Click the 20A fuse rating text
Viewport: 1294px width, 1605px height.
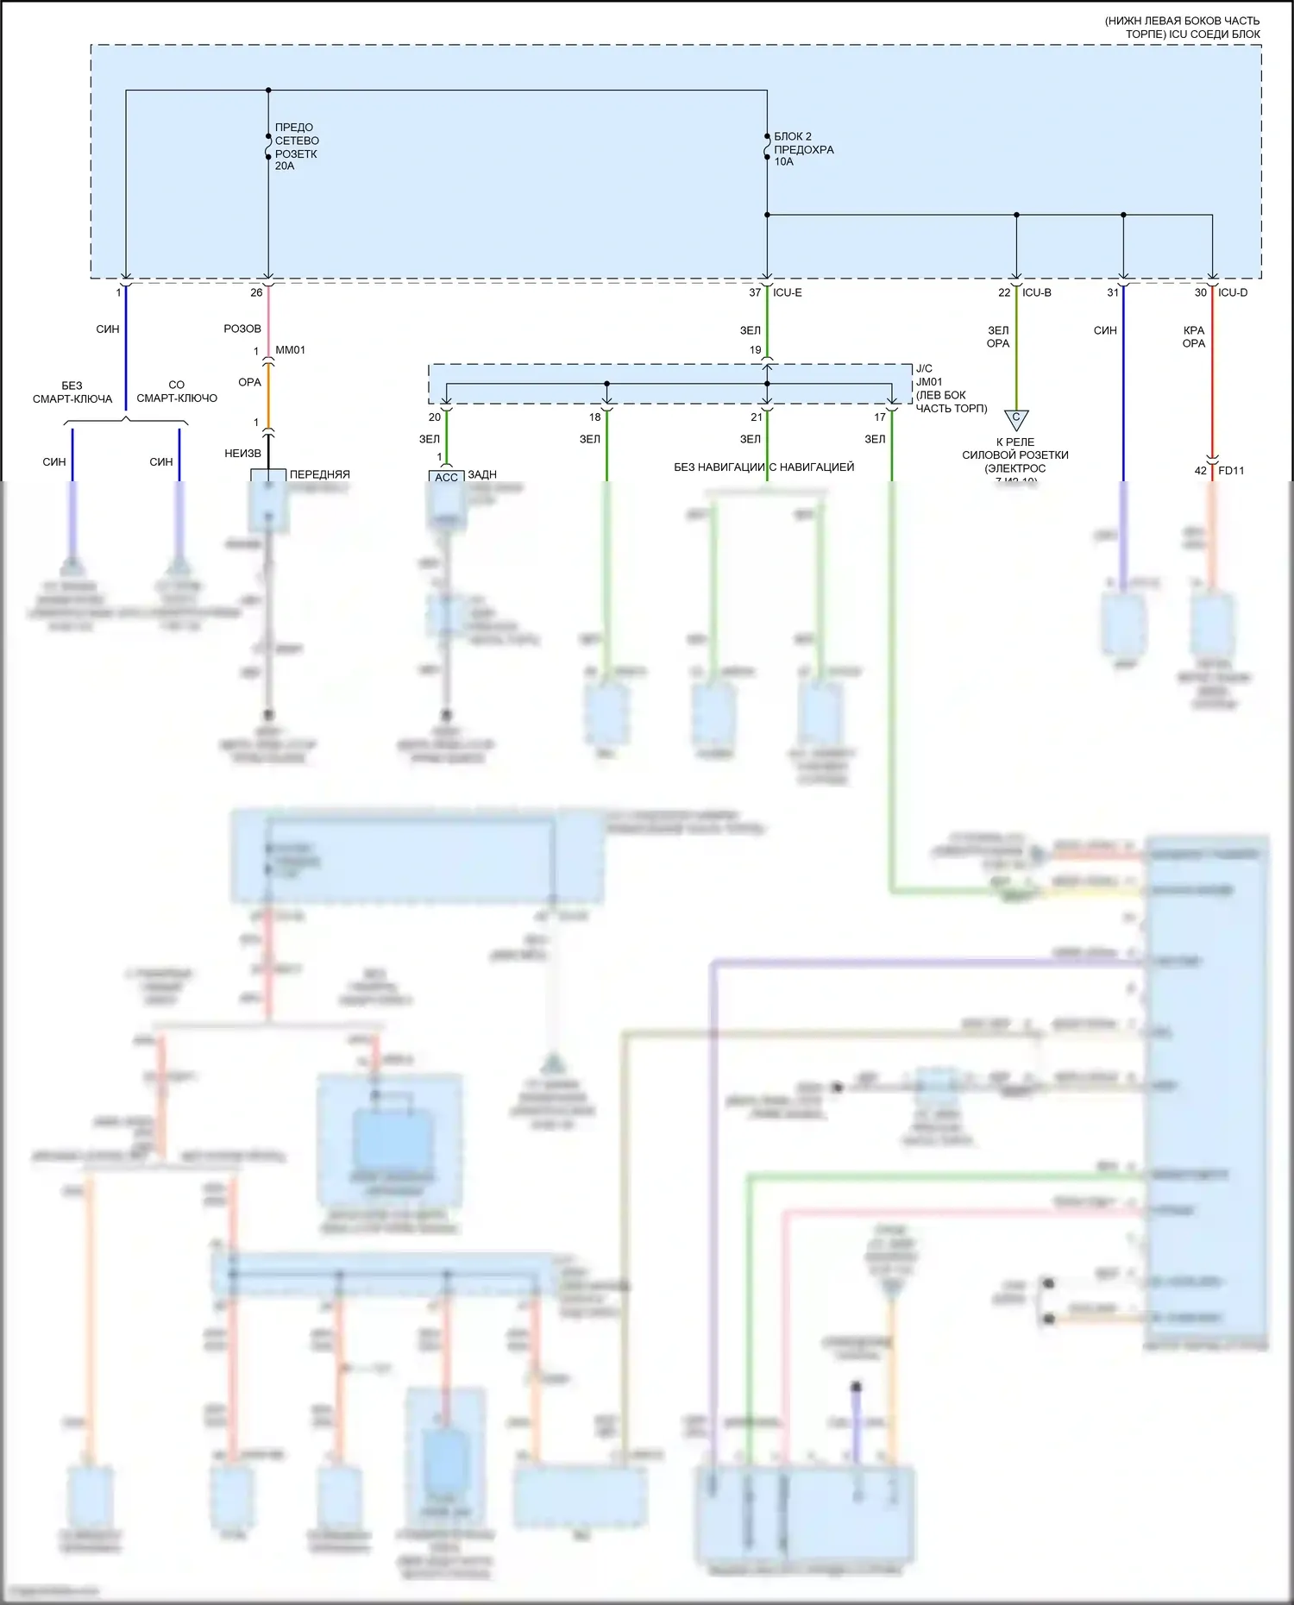[285, 166]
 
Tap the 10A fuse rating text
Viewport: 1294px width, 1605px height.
[783, 162]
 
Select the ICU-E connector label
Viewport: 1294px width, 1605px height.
[787, 293]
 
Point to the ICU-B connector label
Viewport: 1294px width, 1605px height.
[1036, 293]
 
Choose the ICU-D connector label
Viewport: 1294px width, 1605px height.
[1233, 293]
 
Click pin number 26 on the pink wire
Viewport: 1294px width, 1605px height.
[256, 293]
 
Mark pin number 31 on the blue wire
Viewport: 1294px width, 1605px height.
[1113, 293]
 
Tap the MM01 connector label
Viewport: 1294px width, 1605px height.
[290, 350]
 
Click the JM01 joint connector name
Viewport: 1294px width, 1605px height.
[929, 382]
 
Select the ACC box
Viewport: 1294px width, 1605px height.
[446, 478]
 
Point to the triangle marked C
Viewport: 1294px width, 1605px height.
[1016, 419]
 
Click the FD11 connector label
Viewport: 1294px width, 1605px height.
[1231, 471]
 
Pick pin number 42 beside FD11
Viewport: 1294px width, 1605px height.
[1200, 471]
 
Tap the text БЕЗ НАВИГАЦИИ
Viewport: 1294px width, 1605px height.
[719, 467]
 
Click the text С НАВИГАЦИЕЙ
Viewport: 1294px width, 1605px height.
[812, 467]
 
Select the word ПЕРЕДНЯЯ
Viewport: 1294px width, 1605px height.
[320, 474]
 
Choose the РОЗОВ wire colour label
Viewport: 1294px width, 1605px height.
[242, 329]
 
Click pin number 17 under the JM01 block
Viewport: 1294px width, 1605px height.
[880, 417]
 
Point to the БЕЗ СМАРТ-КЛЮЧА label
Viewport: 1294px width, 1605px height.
[72, 392]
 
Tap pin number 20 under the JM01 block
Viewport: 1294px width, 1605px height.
[435, 417]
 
